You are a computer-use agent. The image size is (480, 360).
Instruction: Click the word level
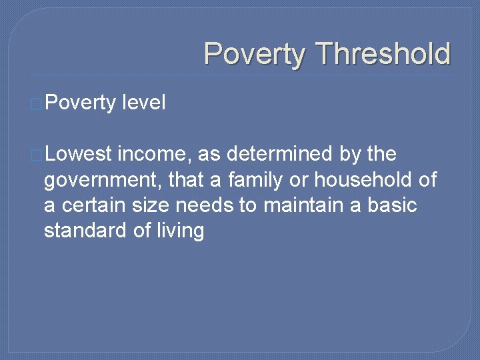pos(143,103)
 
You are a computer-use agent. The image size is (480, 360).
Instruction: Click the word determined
pos(283,155)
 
